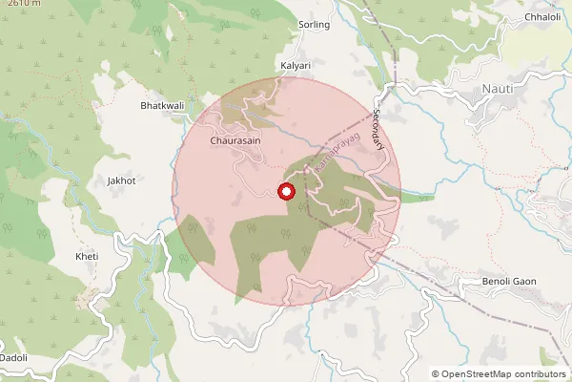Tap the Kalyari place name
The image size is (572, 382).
[296, 65]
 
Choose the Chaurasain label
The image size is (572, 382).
[235, 139]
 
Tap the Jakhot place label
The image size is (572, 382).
[122, 180]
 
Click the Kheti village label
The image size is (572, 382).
[86, 257]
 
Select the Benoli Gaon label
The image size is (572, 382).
[511, 282]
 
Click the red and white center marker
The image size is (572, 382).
[286, 191]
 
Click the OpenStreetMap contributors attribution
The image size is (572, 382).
[499, 374]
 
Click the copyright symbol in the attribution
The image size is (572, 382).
[436, 374]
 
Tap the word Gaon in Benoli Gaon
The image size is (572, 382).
[526, 282]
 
